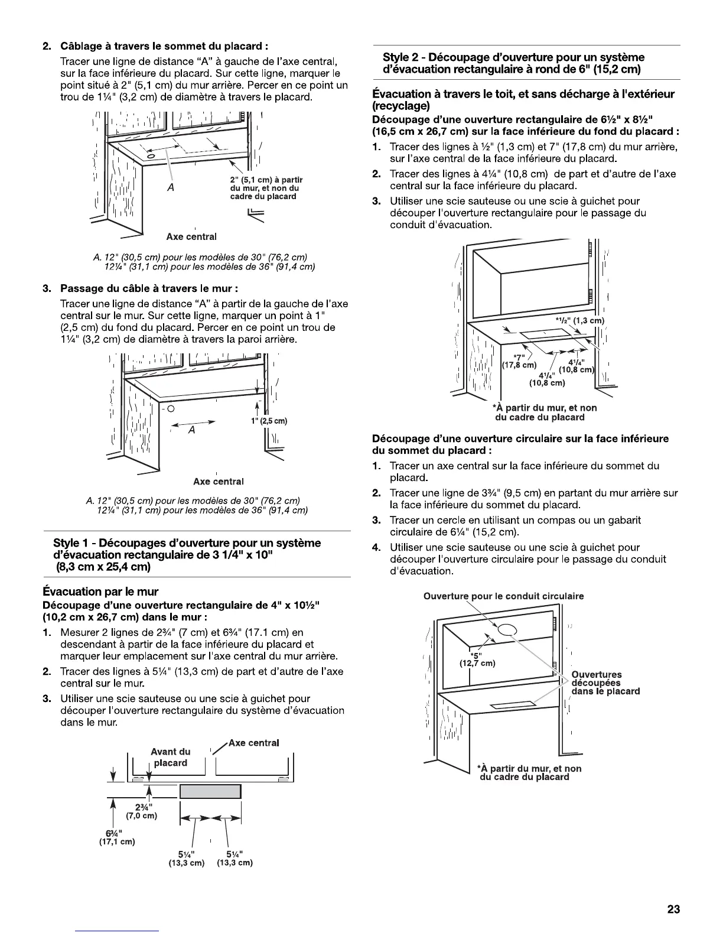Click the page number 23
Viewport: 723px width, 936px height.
(x=673, y=909)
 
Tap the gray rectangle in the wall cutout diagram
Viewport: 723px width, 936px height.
(x=210, y=791)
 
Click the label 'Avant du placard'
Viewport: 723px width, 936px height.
(x=171, y=757)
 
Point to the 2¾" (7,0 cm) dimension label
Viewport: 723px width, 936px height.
(x=141, y=811)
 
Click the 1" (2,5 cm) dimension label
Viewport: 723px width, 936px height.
(x=269, y=421)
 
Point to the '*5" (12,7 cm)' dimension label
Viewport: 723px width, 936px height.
(x=477, y=658)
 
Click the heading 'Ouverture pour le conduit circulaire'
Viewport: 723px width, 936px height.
(x=503, y=596)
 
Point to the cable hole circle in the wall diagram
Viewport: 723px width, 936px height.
(x=170, y=408)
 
